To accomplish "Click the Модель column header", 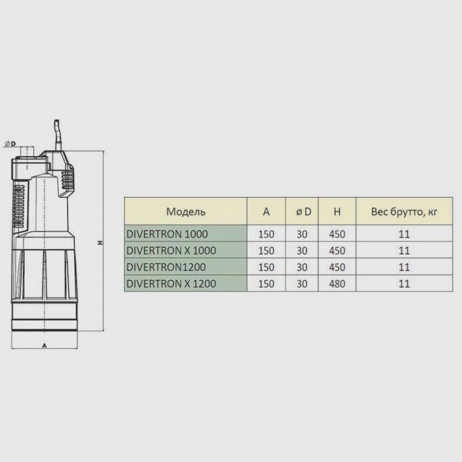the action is coord(186,212).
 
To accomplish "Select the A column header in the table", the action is coord(266,212).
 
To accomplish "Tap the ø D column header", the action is coord(304,212).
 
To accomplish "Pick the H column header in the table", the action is coord(337,212).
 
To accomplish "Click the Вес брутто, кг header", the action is coord(404,212).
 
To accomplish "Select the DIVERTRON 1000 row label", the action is coord(167,234).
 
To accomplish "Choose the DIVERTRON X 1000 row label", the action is coord(171,251).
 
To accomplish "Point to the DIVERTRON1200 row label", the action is coord(166,267).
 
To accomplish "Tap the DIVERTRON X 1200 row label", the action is coord(171,284).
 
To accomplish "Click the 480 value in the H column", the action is coord(337,284).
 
